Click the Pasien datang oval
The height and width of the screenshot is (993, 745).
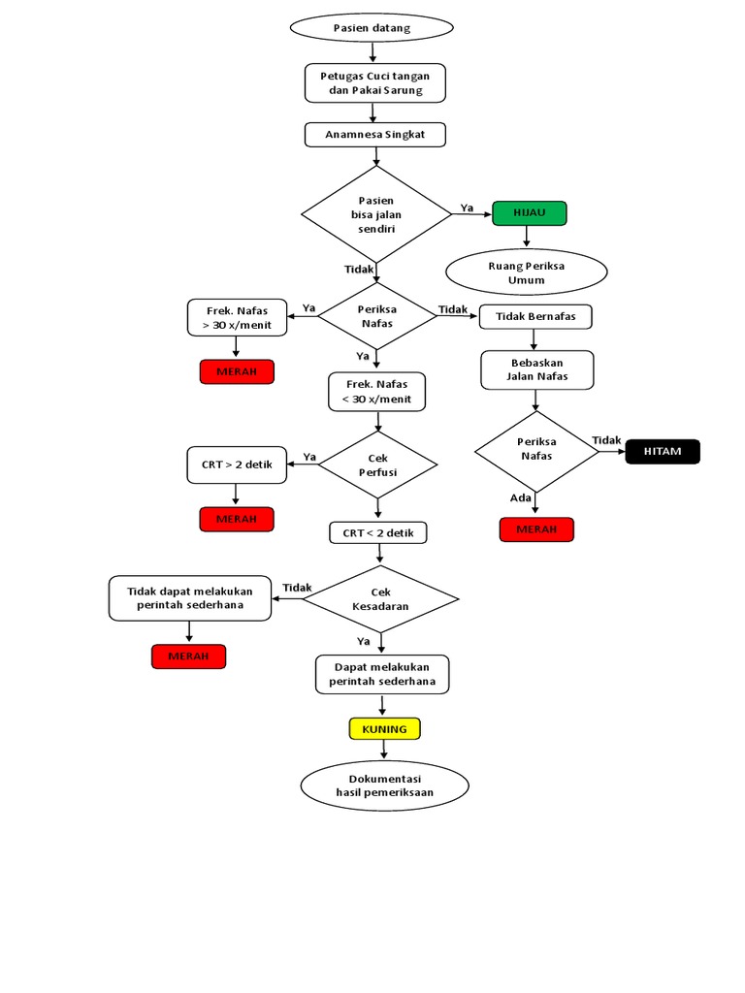pos(372,27)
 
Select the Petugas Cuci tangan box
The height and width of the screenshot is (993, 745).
pos(375,82)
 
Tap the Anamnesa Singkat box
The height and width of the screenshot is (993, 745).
pos(375,134)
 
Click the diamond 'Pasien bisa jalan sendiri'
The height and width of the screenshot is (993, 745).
pos(376,214)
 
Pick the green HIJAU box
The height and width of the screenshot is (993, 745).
pos(529,213)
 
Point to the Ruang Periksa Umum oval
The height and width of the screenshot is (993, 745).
pos(526,272)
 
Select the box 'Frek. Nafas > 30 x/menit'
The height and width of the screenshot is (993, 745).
pos(237,317)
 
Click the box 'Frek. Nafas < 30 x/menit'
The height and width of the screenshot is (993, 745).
pos(376,391)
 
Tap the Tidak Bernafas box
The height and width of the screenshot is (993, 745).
pos(535,316)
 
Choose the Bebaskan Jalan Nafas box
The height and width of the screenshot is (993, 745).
pos(536,369)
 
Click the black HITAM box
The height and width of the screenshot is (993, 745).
pos(663,451)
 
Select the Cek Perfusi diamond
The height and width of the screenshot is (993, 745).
pos(377,464)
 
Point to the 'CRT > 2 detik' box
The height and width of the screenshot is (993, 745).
pos(237,464)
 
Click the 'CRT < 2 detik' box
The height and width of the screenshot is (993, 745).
pos(377,532)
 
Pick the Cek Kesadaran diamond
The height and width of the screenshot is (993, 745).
pos(380,598)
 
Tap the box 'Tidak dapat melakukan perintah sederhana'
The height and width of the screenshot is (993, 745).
pos(189,597)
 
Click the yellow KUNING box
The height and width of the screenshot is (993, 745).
pos(384,728)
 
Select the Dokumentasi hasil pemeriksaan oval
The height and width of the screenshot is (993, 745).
pos(384,785)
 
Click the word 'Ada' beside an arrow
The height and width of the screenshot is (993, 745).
pos(521,497)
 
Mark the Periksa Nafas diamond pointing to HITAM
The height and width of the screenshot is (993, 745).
pos(536,449)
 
